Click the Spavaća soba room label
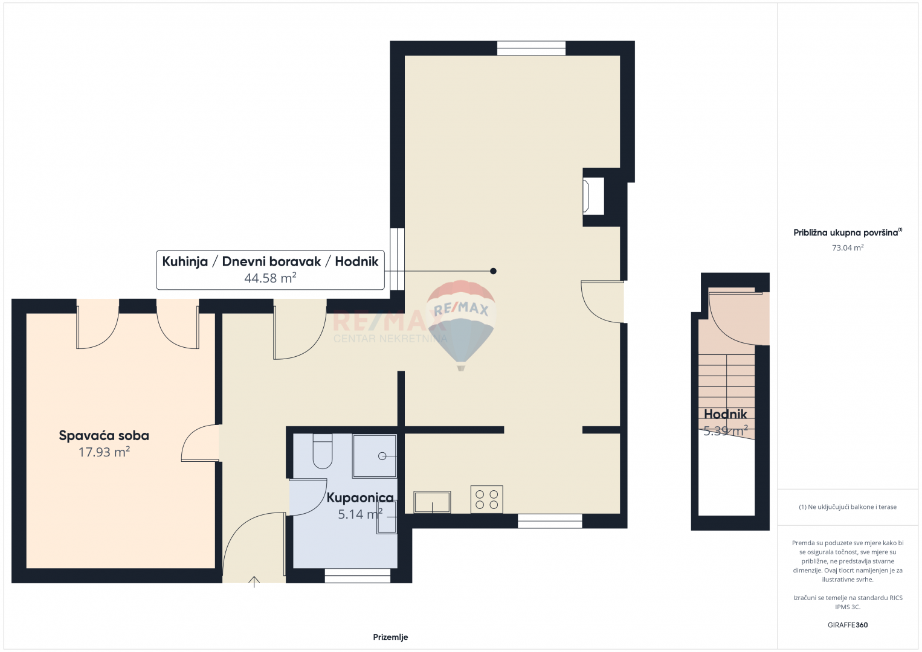[x=104, y=436]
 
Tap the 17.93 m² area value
[x=104, y=452]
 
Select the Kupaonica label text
[x=360, y=497]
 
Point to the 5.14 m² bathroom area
[x=360, y=514]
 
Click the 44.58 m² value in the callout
[x=271, y=278]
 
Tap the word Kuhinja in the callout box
[x=185, y=261]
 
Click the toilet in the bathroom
[x=323, y=451]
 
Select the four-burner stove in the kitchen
[x=486, y=499]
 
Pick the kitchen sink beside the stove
[x=432, y=502]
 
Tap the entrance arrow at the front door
[x=254, y=582]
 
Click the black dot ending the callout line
[x=493, y=271]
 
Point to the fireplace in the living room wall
[x=593, y=196]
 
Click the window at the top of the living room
[x=531, y=48]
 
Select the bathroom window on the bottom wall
[x=357, y=576]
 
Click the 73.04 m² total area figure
[x=848, y=248]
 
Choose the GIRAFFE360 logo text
[x=848, y=625]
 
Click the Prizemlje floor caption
[x=390, y=637]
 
